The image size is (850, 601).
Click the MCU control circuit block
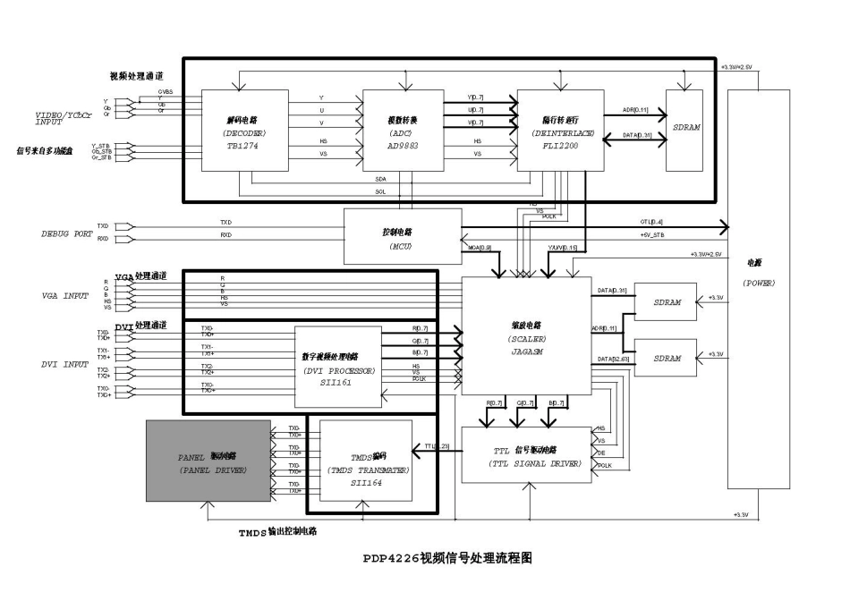(x=403, y=236)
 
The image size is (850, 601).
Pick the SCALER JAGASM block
(x=527, y=335)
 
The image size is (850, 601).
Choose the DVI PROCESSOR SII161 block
(x=337, y=362)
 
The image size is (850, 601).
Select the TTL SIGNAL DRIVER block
(x=526, y=455)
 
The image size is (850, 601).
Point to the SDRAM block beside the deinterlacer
(x=684, y=130)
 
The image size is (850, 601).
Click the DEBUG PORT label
(x=68, y=233)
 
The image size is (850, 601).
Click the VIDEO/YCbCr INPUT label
(x=63, y=117)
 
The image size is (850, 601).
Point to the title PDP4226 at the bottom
(x=448, y=558)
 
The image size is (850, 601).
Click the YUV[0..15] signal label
(x=563, y=248)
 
